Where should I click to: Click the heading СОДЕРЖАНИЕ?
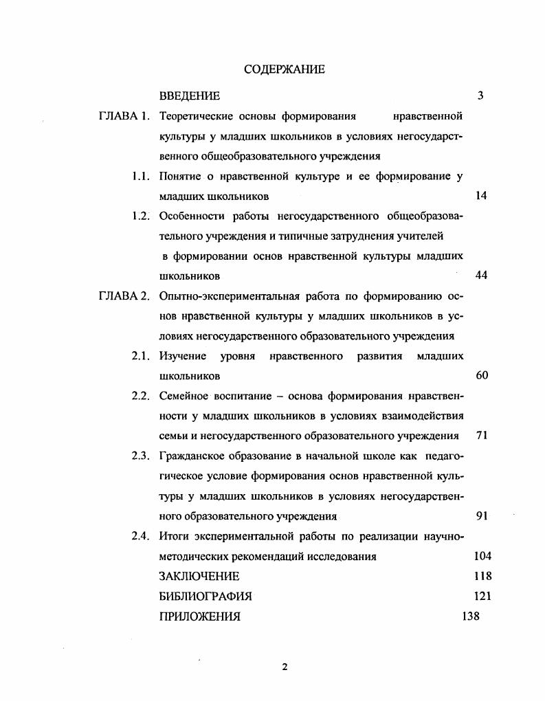pos(284,69)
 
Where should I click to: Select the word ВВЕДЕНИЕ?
pos(189,96)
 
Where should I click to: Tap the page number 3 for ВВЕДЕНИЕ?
pos(480,96)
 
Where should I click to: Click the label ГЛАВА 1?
pos(124,116)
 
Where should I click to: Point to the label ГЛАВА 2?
pos(124,297)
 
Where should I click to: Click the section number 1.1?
pos(141,177)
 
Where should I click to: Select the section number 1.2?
pos(141,216)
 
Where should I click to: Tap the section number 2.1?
pos(141,357)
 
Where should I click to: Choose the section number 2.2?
pos(141,397)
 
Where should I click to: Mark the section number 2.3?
pos(141,456)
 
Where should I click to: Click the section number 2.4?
pos(141,537)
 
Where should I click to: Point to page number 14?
pos(481,197)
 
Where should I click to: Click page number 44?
pos(481,276)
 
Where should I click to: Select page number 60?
pos(481,377)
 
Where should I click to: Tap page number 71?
pos(481,436)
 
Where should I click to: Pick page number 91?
pos(481,517)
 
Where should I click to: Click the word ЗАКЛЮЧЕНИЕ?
pos(199,577)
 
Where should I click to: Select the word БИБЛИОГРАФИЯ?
pos(205,597)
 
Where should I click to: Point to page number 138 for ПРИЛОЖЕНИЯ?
pos(471,616)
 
